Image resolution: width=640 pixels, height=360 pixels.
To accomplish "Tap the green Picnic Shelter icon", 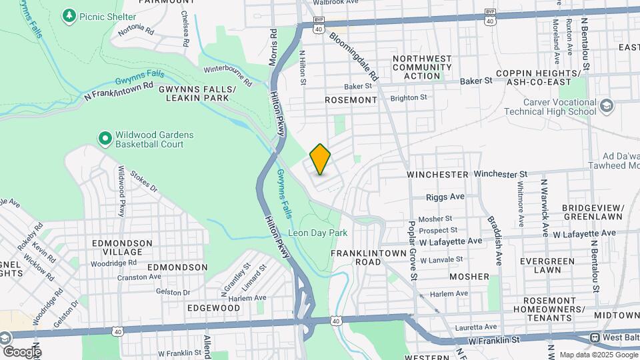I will point(69,15).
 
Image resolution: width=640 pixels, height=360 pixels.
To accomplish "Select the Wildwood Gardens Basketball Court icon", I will point(105,139).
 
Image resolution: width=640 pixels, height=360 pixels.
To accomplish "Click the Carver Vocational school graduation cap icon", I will point(606,106).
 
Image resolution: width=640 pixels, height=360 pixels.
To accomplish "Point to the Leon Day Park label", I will point(318,233).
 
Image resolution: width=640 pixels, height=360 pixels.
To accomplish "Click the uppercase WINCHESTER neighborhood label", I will point(438,174).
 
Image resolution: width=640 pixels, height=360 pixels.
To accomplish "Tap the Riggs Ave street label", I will point(446,197).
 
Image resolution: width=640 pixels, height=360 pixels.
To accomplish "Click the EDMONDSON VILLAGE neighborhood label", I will point(117,247).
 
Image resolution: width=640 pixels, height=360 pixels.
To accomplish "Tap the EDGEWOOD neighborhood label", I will point(195,308).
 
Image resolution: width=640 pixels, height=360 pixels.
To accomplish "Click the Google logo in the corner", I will point(21,351).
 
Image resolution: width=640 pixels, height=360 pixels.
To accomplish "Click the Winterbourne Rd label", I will point(228,76).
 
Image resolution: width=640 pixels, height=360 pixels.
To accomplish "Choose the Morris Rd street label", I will point(273,47).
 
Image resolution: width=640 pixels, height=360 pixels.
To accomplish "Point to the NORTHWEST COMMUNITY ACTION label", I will point(422,67).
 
